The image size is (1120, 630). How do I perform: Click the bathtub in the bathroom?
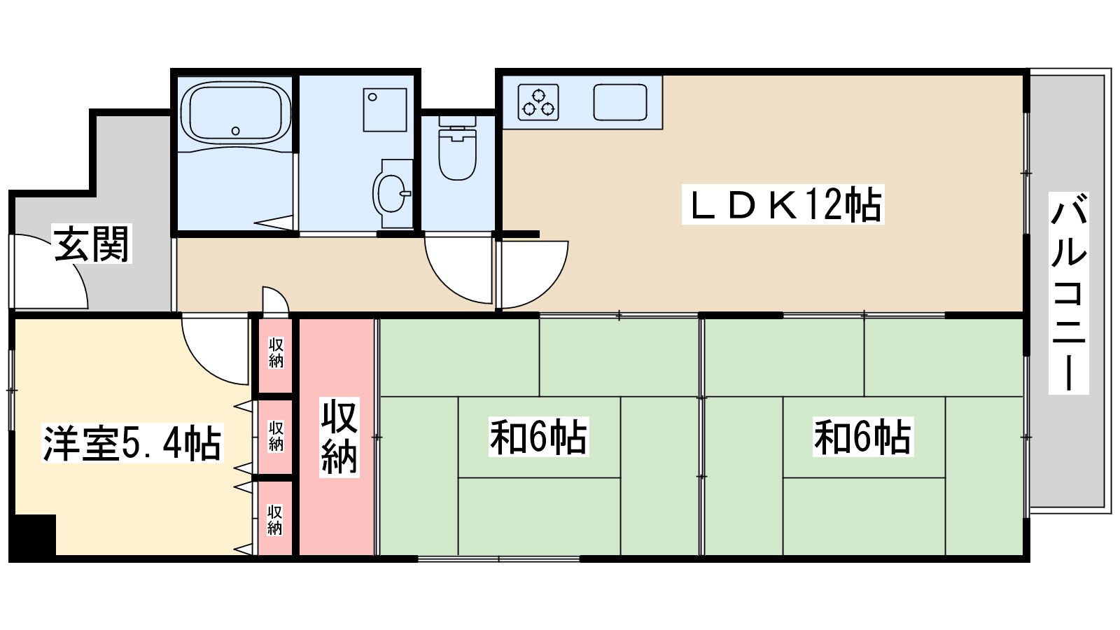[x=235, y=113]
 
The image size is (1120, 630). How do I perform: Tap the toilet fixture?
[x=457, y=151]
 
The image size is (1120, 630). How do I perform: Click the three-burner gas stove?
[x=538, y=102]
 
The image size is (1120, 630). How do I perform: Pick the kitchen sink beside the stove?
[x=620, y=102]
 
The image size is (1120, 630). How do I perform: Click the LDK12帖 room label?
[x=783, y=204]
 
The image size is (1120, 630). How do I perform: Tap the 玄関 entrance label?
[x=92, y=244]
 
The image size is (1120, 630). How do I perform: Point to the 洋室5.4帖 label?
[x=132, y=442]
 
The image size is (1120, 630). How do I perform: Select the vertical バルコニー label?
[x=1068, y=294]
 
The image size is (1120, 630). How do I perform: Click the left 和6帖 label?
[x=538, y=437]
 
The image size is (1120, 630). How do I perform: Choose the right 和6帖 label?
[x=862, y=437]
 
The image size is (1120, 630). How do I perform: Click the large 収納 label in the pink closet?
[x=339, y=437]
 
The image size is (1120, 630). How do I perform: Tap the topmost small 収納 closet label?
[x=276, y=353]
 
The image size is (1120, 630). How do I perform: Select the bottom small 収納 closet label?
[x=275, y=519]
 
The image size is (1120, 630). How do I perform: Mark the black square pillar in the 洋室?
[x=34, y=535]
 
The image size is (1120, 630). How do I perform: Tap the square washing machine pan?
[x=384, y=109]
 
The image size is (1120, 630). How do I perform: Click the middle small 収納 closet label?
[x=276, y=436]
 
